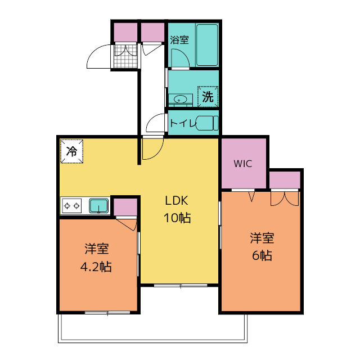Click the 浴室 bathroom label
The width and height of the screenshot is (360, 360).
click(x=179, y=40)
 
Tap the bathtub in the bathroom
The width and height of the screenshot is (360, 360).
click(x=207, y=45)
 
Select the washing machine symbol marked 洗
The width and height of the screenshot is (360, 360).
click(x=208, y=97)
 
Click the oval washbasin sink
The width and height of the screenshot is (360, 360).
click(x=181, y=100)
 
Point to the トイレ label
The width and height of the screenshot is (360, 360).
click(x=183, y=123)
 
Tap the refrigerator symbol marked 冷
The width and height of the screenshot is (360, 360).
click(x=71, y=151)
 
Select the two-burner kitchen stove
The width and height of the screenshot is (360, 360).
click(x=71, y=206)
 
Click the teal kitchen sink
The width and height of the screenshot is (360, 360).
click(x=99, y=206)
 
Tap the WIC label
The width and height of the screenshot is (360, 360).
click(x=243, y=164)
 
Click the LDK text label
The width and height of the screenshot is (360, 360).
click(x=177, y=200)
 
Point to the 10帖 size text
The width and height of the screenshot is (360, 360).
click(x=177, y=218)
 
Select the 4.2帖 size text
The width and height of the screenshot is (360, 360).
click(x=96, y=267)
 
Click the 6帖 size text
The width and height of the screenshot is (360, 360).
click(x=262, y=255)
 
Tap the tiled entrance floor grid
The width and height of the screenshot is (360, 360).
click(x=125, y=56)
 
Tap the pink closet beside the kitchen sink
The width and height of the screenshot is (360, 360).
click(x=125, y=207)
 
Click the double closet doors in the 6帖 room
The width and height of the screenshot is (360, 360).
click(x=285, y=199)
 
